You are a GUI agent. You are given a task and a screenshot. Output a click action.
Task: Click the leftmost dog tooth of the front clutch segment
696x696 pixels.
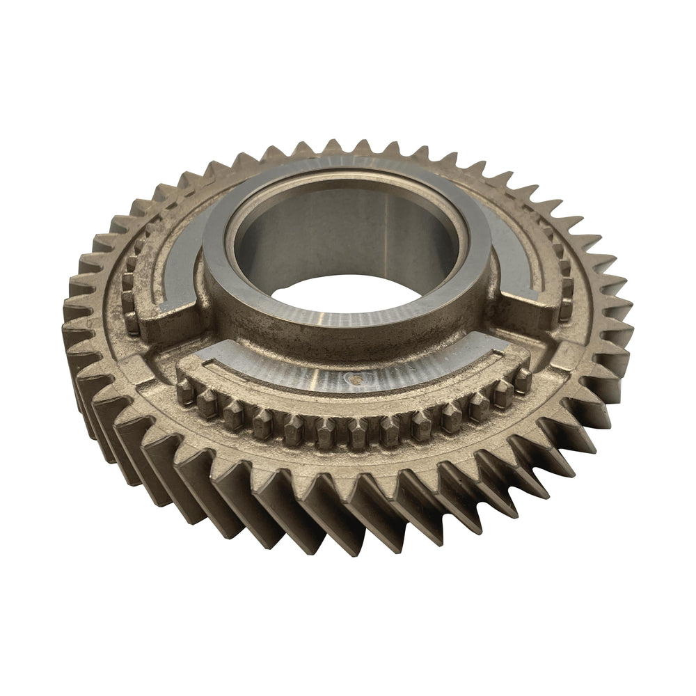185,390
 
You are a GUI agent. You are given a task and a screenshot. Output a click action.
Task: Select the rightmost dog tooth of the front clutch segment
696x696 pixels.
522,379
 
